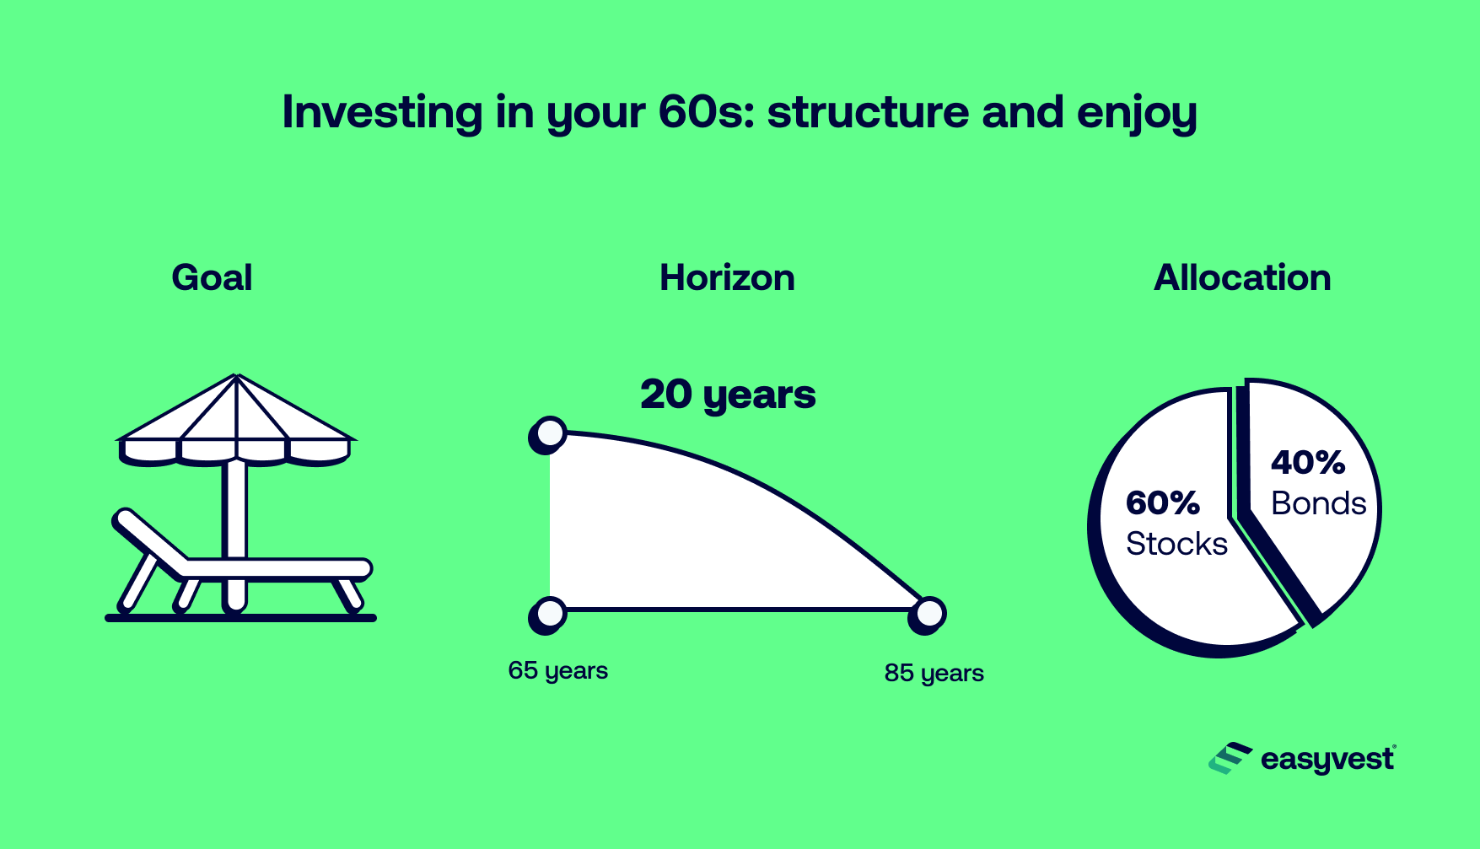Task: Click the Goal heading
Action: click(x=212, y=278)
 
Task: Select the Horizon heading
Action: click(x=727, y=278)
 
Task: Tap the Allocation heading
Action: click(x=1242, y=278)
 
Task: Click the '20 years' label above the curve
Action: click(x=728, y=395)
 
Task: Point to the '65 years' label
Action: click(x=557, y=671)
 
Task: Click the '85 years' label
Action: click(x=934, y=674)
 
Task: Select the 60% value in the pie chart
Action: click(x=1162, y=503)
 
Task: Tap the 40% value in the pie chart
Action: click(x=1308, y=462)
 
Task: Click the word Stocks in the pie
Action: click(x=1176, y=544)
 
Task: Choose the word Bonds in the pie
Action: click(x=1318, y=503)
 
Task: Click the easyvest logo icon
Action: click(x=1230, y=759)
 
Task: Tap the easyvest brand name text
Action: click(x=1327, y=760)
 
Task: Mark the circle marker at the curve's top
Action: click(x=550, y=433)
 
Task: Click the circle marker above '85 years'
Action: click(x=928, y=614)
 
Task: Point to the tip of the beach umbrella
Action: click(x=236, y=376)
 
